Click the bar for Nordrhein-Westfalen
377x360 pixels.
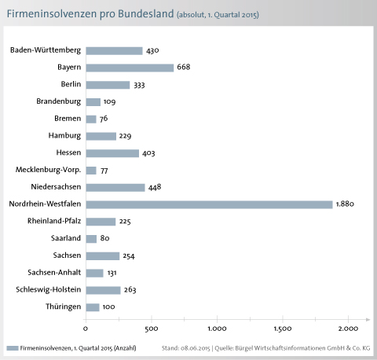209,204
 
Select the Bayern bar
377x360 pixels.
130,68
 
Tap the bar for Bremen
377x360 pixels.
91,119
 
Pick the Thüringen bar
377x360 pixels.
93,307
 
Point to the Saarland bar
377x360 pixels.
91,239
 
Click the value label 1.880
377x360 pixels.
345,204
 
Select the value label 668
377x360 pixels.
184,67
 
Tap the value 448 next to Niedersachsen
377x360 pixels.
155,187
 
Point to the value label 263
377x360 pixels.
130,290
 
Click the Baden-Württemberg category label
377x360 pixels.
46,50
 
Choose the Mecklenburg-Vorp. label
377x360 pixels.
48,170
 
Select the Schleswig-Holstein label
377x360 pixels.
49,289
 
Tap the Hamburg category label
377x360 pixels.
64,136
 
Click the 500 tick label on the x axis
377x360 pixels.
152,329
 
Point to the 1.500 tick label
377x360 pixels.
283,329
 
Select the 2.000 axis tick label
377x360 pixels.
348,329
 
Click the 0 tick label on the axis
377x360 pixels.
86,329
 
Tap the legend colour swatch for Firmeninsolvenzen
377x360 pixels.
13,348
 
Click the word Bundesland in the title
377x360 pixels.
146,13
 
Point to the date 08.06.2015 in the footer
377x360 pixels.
196,348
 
